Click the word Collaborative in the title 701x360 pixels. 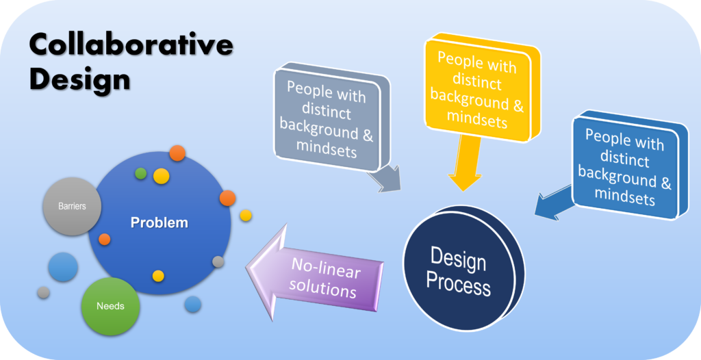(131, 46)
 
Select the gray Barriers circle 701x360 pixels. (72, 207)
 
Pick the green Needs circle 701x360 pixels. (110, 307)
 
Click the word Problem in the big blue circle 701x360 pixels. (159, 222)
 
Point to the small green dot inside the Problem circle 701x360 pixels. (141, 174)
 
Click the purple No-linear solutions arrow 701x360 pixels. (315, 272)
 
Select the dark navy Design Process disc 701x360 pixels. (463, 268)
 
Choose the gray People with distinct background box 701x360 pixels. (330, 118)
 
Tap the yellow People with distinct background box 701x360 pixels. (481, 88)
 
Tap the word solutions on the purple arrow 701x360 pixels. (322, 287)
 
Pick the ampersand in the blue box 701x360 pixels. (665, 182)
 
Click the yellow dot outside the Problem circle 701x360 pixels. (246, 216)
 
